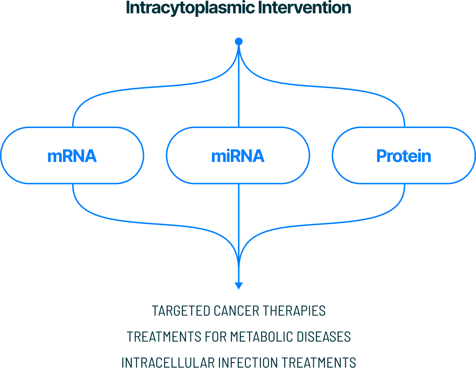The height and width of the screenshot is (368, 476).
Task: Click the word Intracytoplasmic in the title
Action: click(x=190, y=8)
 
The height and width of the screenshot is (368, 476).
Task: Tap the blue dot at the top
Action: click(x=239, y=41)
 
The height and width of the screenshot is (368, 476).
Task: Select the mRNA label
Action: click(x=72, y=156)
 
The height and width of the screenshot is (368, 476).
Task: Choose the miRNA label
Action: click(x=238, y=156)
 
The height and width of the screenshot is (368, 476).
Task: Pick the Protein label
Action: click(x=404, y=156)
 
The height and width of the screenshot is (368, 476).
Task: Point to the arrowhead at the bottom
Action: click(x=239, y=286)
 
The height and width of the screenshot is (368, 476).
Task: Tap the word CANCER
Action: click(x=237, y=311)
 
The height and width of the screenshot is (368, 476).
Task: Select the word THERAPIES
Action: click(x=294, y=311)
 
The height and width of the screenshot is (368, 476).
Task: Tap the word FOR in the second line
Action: click(x=216, y=337)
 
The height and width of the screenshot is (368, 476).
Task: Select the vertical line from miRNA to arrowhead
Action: click(x=239, y=233)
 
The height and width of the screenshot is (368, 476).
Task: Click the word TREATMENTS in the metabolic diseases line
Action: click(x=164, y=337)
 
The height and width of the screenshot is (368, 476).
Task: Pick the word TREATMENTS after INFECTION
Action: click(x=318, y=362)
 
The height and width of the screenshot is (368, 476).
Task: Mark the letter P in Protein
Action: click(x=381, y=156)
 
